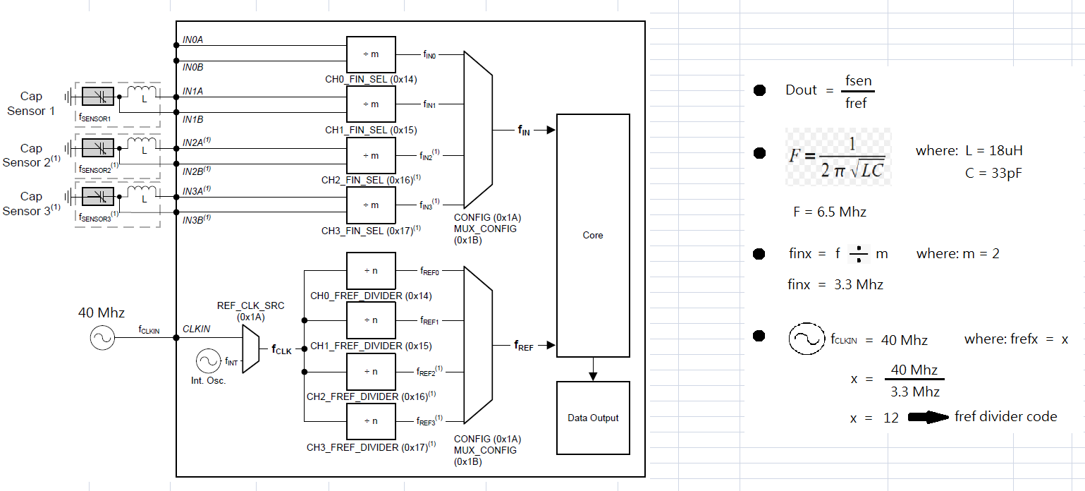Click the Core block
(x=593, y=235)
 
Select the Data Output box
(x=593, y=418)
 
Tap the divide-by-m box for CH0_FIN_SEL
(x=371, y=54)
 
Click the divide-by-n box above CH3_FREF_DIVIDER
(x=371, y=421)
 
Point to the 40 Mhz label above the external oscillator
(x=101, y=313)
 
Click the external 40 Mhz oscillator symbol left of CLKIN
(x=102, y=338)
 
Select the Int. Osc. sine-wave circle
(x=209, y=361)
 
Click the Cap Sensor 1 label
(x=30, y=103)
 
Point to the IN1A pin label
(x=192, y=91)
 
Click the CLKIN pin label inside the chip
(x=196, y=329)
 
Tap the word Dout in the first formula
(x=801, y=90)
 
